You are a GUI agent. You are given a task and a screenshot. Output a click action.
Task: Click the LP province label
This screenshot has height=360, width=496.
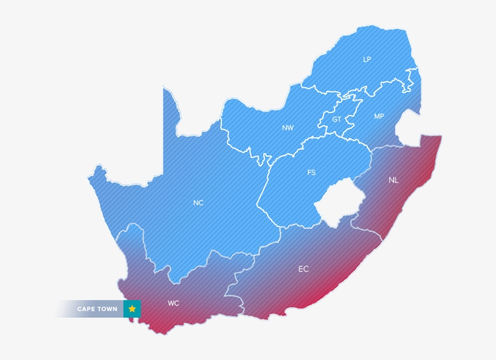(367, 59)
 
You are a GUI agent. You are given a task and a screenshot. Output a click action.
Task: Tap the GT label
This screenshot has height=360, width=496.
(336, 119)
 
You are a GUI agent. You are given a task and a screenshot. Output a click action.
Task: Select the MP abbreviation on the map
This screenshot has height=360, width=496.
(379, 116)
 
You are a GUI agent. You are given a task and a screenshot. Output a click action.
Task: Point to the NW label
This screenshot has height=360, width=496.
(287, 128)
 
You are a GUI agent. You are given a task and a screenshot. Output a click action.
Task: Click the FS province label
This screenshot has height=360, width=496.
(311, 172)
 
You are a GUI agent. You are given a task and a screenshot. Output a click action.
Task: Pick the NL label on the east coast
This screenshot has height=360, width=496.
(394, 180)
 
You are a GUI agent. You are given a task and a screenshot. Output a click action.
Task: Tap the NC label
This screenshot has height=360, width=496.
(198, 203)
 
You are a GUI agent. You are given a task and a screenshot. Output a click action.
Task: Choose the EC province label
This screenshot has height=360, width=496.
(303, 269)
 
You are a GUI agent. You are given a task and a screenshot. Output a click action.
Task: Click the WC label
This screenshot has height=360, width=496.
(174, 303)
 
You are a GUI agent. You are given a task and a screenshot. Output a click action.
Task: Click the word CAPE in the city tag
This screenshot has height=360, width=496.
(88, 309)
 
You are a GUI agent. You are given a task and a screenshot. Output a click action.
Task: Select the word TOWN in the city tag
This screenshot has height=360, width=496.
(109, 309)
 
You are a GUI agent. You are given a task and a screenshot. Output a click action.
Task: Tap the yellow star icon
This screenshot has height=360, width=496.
(132, 309)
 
